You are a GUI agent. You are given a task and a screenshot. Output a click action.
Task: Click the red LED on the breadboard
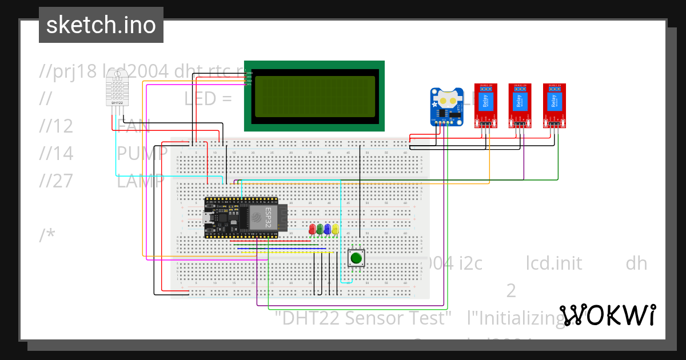tap(312, 229)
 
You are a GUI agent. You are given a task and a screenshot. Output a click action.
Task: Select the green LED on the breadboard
tap(320, 229)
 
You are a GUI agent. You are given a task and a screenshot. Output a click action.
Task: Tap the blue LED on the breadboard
tap(327, 229)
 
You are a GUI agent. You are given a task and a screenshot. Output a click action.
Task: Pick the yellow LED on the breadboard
tap(334, 229)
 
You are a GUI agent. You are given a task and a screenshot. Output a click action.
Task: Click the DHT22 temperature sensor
tap(118, 91)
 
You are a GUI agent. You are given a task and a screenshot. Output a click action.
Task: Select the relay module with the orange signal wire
tap(486, 106)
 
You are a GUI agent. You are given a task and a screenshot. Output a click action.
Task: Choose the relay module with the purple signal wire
tap(520, 106)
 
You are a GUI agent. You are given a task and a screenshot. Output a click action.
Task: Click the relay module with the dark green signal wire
tap(554, 106)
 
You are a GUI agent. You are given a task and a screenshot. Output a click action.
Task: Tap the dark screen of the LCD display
tap(314, 96)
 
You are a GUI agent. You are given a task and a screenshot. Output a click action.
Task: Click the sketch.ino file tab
tap(101, 25)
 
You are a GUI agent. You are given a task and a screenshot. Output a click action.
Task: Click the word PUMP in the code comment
tap(142, 153)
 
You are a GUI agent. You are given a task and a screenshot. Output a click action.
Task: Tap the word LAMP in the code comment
tap(141, 181)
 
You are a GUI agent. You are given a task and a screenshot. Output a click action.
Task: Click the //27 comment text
tap(57, 181)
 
